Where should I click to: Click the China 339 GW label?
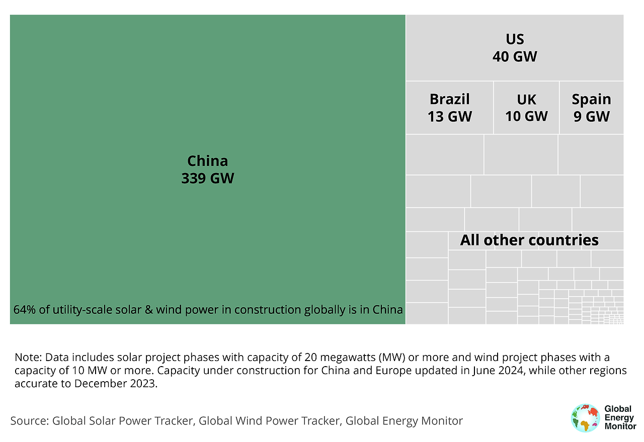pos(207,169)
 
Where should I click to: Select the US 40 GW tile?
pos(515,48)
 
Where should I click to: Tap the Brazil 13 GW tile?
pos(449,108)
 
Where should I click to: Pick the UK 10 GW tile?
pos(526,108)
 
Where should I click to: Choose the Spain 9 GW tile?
pos(591,108)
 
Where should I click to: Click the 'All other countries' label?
pos(529,240)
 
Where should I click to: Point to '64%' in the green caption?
pos(24,309)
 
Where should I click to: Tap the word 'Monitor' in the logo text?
pos(620,426)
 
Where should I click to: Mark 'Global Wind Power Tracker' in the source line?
pos(269,421)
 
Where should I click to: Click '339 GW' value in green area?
pos(207,178)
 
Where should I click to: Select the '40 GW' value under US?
pos(515,56)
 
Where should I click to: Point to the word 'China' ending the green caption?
pos(388,309)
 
